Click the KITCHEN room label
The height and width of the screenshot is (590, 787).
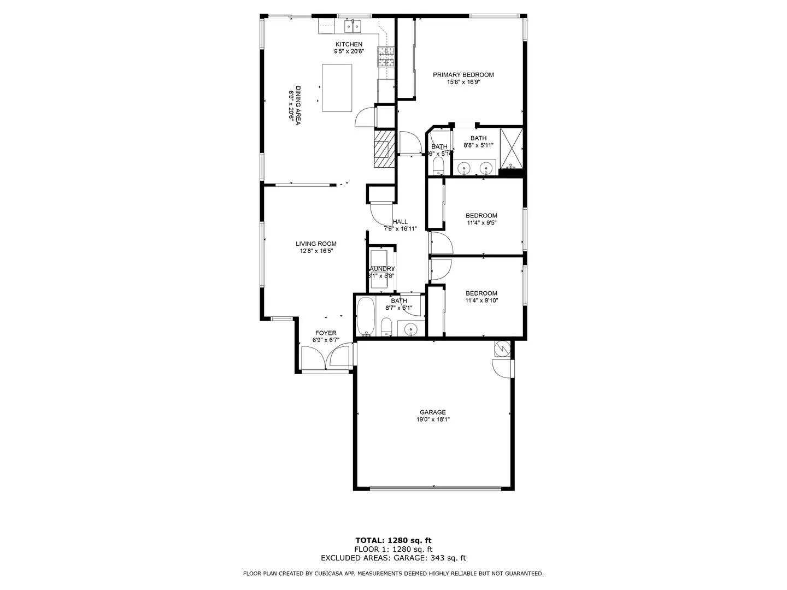(x=349, y=44)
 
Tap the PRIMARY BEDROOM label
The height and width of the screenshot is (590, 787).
(x=463, y=75)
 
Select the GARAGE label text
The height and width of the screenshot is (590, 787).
(x=433, y=412)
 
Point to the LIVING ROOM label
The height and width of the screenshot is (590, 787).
(x=316, y=244)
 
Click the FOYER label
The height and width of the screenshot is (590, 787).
(x=326, y=333)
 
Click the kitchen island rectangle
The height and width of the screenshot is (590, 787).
(x=337, y=88)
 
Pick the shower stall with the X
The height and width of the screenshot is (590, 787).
(x=512, y=146)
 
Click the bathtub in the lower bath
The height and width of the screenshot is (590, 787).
(x=366, y=316)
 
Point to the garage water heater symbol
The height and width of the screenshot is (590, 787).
(x=502, y=348)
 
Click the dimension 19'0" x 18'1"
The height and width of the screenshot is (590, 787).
(x=433, y=420)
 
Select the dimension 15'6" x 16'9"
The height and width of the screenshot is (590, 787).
(x=463, y=82)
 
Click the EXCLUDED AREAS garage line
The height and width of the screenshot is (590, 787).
(x=393, y=558)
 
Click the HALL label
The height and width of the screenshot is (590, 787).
(x=400, y=222)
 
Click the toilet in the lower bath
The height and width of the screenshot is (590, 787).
(x=386, y=327)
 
